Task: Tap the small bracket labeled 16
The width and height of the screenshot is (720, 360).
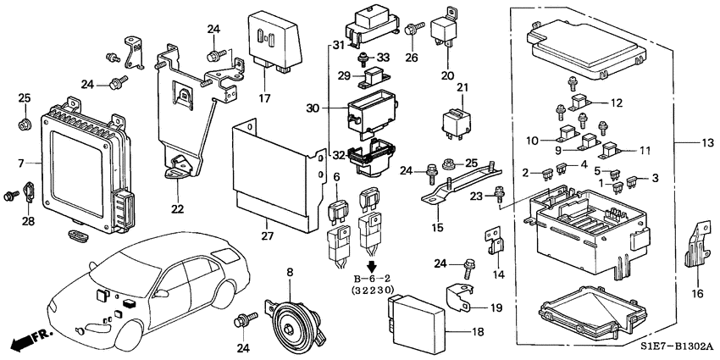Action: pos(696,245)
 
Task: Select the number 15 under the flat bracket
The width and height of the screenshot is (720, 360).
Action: pos(439,227)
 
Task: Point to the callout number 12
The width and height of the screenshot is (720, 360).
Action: pos(616,103)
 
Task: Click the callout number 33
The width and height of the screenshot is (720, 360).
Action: pos(385,58)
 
